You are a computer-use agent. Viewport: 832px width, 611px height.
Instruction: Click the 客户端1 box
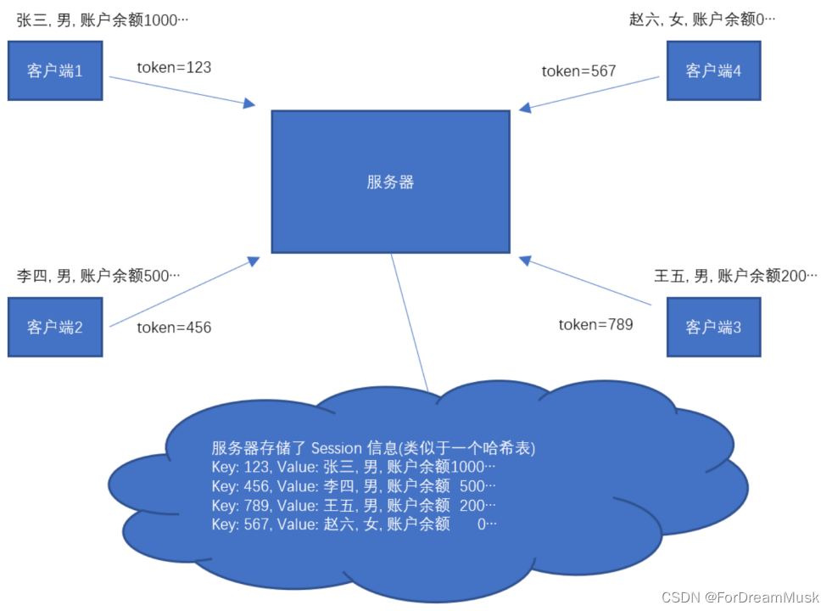(55, 70)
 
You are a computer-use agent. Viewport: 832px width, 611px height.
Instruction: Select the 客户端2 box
(55, 327)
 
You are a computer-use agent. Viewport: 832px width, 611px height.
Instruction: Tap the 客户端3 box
(713, 327)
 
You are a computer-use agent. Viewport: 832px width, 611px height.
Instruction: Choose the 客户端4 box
(713, 70)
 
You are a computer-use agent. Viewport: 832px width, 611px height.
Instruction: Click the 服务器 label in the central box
(390, 182)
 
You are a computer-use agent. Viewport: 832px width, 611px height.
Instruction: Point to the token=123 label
(174, 67)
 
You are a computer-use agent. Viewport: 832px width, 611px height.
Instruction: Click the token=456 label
(174, 328)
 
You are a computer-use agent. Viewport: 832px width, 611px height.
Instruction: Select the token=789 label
(595, 324)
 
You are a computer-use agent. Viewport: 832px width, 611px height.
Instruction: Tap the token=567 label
(578, 71)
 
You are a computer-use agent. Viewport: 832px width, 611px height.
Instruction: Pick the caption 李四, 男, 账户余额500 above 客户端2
(98, 276)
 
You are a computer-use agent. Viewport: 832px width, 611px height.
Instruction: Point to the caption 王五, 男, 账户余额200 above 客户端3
(735, 276)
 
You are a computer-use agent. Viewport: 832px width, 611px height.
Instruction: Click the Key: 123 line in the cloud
(353, 468)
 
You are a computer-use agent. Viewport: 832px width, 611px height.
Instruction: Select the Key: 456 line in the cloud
(353, 486)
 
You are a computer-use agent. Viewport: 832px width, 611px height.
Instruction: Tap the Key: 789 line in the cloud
(353, 505)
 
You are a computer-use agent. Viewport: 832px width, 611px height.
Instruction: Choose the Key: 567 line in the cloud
(353, 524)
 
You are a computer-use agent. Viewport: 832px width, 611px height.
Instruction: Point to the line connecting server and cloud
(410, 322)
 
